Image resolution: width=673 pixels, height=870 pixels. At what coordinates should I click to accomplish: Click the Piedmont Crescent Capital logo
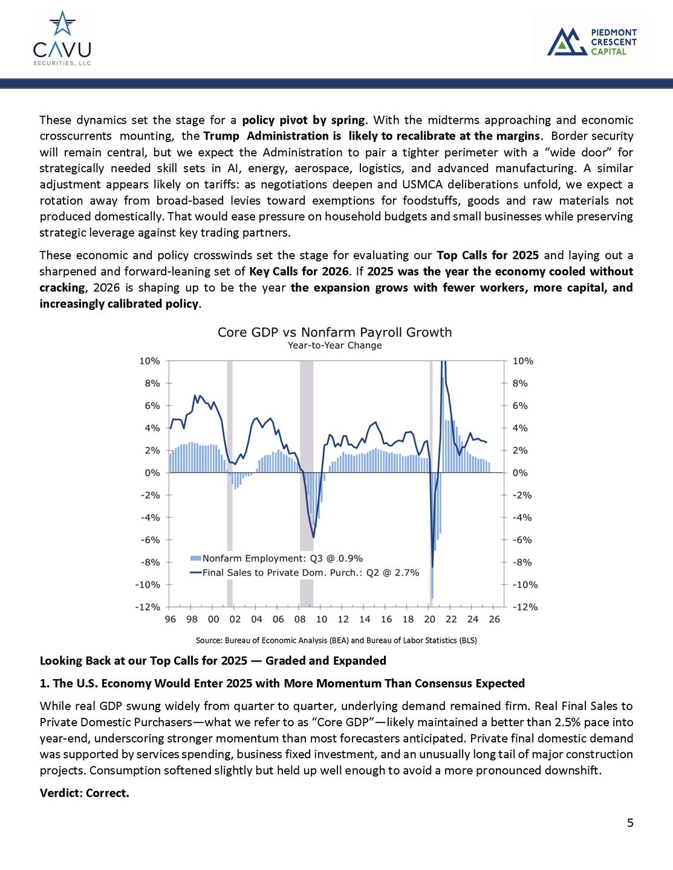[x=591, y=42]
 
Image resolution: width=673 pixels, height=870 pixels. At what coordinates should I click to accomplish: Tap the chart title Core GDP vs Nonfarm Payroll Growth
[x=334, y=332]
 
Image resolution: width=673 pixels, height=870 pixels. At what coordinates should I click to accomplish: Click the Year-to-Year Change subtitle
[x=334, y=346]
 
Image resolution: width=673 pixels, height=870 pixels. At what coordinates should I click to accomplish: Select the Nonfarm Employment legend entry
[x=276, y=558]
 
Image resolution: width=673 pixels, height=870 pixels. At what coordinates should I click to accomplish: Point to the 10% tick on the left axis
[x=149, y=361]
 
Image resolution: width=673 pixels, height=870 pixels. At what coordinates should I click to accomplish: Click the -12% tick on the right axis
[x=524, y=607]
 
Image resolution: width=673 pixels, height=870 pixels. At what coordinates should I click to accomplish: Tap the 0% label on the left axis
[x=152, y=472]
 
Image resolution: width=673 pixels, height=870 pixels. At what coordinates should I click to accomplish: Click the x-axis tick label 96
[x=171, y=619]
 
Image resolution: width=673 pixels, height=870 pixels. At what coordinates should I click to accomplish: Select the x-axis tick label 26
[x=495, y=619]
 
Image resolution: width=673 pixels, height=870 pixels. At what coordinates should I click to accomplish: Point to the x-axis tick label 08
[x=300, y=619]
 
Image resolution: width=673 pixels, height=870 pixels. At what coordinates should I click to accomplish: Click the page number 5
[x=630, y=823]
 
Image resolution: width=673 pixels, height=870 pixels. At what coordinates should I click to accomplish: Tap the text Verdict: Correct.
[x=85, y=793]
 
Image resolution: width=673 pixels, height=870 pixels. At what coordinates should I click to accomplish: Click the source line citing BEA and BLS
[x=336, y=640]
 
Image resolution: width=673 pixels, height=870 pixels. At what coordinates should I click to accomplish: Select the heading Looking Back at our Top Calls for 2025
[x=213, y=660]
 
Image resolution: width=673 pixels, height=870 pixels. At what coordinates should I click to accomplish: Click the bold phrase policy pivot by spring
[x=304, y=120]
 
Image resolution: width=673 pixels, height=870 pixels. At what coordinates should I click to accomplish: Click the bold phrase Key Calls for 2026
[x=299, y=271]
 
